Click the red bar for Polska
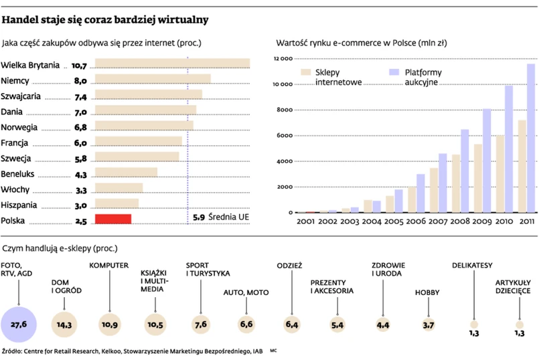pos(113,219)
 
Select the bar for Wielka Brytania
pos(172,64)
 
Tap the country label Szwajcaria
pos(21,96)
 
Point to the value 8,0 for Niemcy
pos(80,80)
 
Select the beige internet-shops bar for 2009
pos(478,178)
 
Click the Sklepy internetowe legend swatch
pos(306,72)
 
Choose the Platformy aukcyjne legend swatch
pos(393,72)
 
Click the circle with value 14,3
pos(64,325)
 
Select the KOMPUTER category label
pos(108,266)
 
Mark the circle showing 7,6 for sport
pos(200,325)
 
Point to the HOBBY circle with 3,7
pos(428,325)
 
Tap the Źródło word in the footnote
pos(13,351)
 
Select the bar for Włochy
pos(119,188)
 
